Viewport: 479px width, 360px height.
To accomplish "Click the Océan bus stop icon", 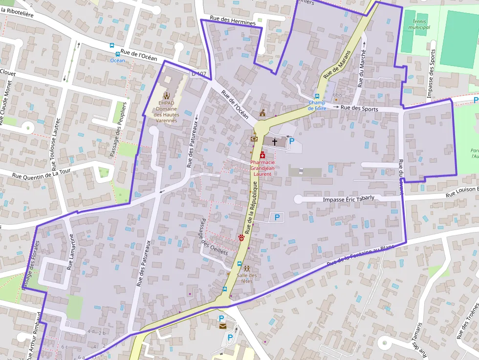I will (x=117, y=54).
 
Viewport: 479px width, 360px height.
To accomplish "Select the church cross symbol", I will (x=274, y=142).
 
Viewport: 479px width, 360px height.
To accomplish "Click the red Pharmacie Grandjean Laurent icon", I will (x=262, y=155).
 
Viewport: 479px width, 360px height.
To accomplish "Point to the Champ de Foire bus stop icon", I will (x=317, y=96).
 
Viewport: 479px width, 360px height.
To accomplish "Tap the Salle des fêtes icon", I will (x=247, y=268).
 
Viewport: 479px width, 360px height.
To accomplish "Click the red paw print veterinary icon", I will (x=241, y=237).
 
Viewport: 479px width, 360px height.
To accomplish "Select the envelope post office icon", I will (x=222, y=326).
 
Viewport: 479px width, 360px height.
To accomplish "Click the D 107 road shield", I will (x=198, y=74).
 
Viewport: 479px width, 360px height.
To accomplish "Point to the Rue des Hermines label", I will (x=233, y=21).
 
